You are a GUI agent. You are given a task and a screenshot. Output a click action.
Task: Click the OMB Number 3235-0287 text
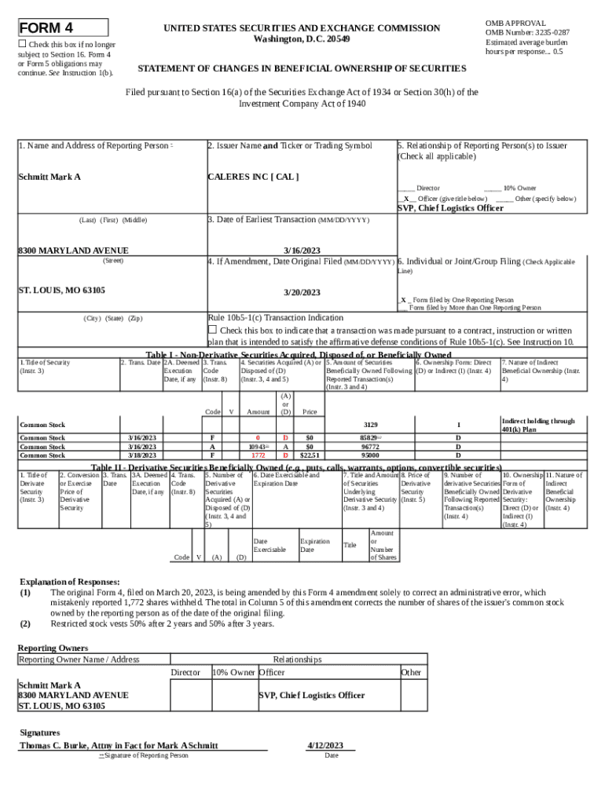pyautogui.click(x=527, y=33)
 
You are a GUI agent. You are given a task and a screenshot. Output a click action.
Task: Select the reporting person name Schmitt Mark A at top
pyautogui.click(x=49, y=177)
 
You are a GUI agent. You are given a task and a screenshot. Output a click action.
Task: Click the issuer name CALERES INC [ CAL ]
pyautogui.click(x=252, y=177)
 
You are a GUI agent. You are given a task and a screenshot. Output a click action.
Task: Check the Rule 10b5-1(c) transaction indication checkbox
pyautogui.click(x=212, y=330)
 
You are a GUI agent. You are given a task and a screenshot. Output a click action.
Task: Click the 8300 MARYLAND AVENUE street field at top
pyautogui.click(x=73, y=250)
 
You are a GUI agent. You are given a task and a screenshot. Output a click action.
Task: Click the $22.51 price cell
pyautogui.click(x=310, y=455)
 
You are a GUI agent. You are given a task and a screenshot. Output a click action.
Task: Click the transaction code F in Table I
pyautogui.click(x=212, y=437)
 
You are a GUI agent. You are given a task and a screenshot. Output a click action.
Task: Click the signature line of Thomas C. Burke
pyautogui.click(x=119, y=745)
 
